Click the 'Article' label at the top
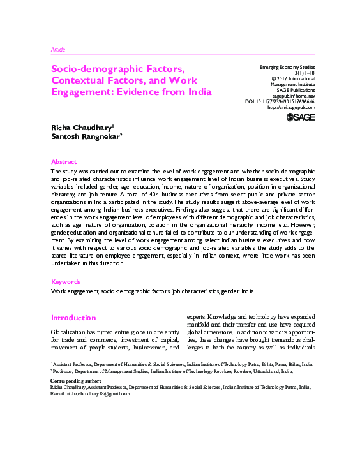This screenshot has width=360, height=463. [57, 50]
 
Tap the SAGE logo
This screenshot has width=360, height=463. [301, 117]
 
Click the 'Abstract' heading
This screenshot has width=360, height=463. [63, 162]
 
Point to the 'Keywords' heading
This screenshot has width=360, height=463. [65, 281]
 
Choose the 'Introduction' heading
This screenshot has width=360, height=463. [73, 318]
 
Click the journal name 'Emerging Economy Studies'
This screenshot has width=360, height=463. [287, 67]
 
